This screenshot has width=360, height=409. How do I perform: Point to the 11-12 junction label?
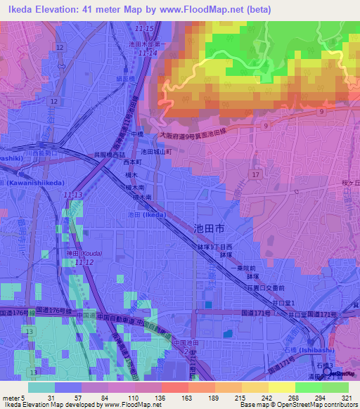(x=84, y=262)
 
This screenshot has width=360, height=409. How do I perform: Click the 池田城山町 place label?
(x=156, y=151)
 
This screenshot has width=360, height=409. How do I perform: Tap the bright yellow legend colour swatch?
(x=281, y=387)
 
